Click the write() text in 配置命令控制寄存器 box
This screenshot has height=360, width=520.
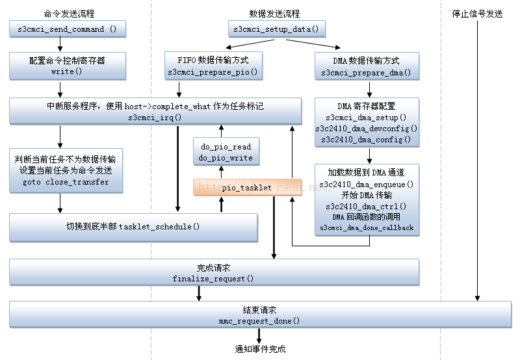pyautogui.click(x=67, y=72)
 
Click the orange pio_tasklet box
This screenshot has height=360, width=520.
pyautogui.click(x=247, y=187)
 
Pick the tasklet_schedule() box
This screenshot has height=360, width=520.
pyautogui.click(x=133, y=227)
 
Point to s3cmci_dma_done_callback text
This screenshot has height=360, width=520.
pyautogui.click(x=366, y=228)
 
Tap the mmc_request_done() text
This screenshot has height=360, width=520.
pyautogui.click(x=259, y=320)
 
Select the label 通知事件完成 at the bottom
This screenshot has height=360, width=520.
pyautogui.click(x=260, y=349)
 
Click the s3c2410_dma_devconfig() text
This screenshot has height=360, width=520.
pyautogui.click(x=366, y=129)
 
